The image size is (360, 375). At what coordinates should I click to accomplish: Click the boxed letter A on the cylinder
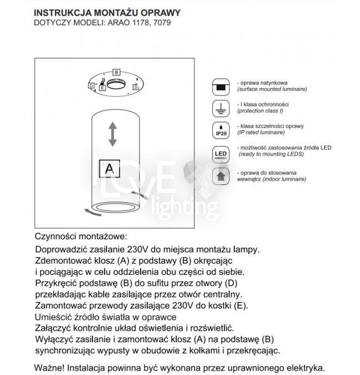[109, 167]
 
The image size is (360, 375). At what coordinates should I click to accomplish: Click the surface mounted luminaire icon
[220, 86]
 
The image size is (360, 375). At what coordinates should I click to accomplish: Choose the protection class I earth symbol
[220, 107]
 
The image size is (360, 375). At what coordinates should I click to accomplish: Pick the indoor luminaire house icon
[220, 177]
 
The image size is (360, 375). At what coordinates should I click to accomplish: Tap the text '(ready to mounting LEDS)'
[271, 155]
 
